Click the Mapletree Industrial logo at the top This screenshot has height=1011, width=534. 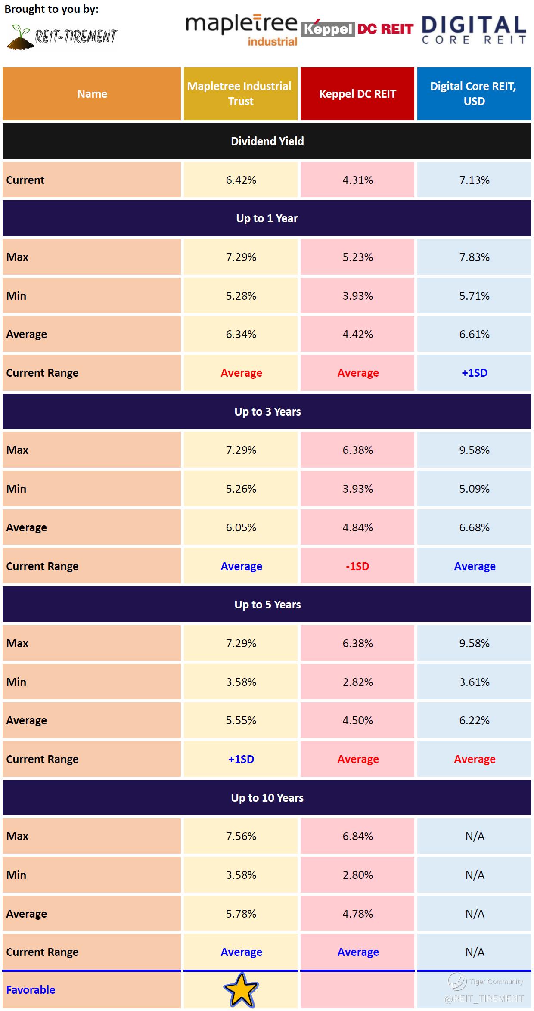(x=241, y=29)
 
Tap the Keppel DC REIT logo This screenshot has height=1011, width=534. (x=357, y=28)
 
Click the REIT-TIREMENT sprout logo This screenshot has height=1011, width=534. (x=62, y=37)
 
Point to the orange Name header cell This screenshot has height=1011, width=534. (x=92, y=94)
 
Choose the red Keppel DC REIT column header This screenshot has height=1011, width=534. (x=357, y=94)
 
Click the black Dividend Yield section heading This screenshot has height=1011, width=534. (x=267, y=141)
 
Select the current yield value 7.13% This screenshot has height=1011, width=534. (x=474, y=180)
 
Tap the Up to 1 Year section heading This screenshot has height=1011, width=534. (x=267, y=218)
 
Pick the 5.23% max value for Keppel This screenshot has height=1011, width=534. (x=357, y=257)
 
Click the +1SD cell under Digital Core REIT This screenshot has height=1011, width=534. (x=474, y=373)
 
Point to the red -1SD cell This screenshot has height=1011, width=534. (x=357, y=566)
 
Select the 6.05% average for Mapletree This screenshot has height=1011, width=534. (x=241, y=527)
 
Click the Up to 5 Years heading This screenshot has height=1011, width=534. (x=267, y=605)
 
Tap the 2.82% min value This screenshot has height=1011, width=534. (x=357, y=682)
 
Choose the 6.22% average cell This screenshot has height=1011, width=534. (x=474, y=720)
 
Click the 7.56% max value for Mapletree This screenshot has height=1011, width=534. (x=241, y=836)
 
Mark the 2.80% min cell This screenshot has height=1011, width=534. (x=357, y=875)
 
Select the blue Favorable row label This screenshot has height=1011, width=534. (x=31, y=990)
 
